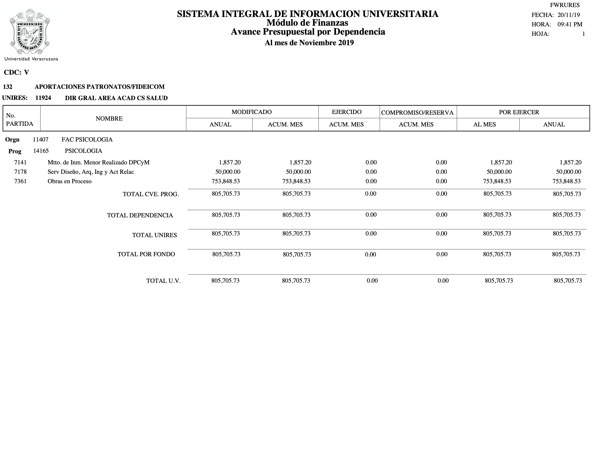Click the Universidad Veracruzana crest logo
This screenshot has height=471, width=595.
[x=30, y=32]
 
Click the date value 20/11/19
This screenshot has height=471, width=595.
[x=569, y=15]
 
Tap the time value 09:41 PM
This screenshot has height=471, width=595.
[x=570, y=24]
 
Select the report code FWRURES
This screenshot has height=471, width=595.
[x=565, y=5]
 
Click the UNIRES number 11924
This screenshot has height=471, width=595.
[x=43, y=98]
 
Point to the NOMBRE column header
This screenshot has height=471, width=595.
[x=109, y=119]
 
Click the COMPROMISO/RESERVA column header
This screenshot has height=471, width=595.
[x=417, y=113]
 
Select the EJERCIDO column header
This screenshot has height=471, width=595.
[x=346, y=112]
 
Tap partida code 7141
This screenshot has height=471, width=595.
[x=20, y=162]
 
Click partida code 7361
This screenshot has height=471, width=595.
[x=20, y=181]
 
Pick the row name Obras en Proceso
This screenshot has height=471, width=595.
[x=69, y=181]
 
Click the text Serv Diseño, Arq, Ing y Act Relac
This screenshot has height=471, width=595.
[x=91, y=172]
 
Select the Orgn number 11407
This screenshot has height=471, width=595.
[x=41, y=140]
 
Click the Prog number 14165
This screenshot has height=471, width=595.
[x=41, y=151]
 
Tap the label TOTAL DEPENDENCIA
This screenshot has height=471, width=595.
[x=140, y=215]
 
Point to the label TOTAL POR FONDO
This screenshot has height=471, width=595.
[x=146, y=254]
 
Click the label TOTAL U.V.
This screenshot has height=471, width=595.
[x=163, y=281]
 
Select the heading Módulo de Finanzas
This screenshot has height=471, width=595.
[x=307, y=23]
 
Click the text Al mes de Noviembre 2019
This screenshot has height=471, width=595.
[x=309, y=43]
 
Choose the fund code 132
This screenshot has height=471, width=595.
[x=8, y=87]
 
